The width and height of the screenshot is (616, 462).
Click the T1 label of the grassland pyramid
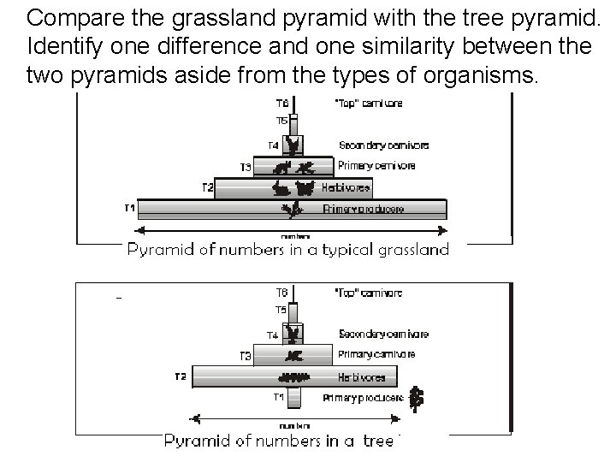pos(129,207)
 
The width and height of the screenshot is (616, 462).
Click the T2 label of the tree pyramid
pos(180,376)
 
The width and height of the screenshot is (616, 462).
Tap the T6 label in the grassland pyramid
pos(281,104)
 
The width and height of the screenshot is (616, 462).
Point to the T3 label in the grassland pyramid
pos(246,166)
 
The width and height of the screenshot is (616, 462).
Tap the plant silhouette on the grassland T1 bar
pos(291,209)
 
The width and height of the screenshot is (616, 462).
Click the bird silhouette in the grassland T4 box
pos(293,145)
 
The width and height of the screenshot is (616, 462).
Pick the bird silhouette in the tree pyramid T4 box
pos(294,333)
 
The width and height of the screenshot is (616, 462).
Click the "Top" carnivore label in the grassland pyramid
pos(368,104)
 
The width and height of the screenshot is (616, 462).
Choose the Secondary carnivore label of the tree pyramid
pos(383,334)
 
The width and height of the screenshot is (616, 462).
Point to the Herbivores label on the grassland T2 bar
pos(346,187)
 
